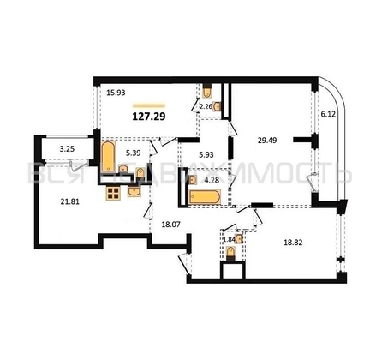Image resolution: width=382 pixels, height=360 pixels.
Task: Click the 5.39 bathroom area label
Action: click(x=133, y=153)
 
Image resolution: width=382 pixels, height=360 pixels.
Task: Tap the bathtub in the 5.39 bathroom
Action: click(x=110, y=159)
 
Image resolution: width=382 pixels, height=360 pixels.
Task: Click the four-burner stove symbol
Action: click(x=113, y=192)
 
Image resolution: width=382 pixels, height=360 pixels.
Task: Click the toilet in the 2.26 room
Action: click(x=208, y=91)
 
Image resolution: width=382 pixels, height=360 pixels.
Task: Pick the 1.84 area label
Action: click(x=229, y=240)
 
